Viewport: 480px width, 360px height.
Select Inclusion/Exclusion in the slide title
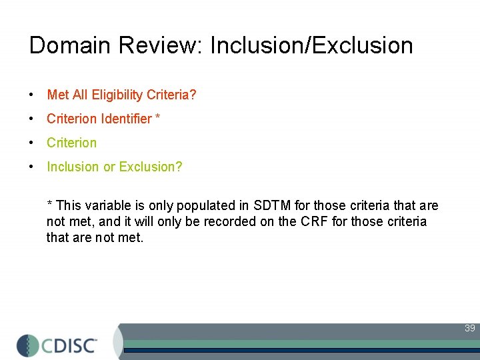311,45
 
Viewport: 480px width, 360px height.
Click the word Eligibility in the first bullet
117,95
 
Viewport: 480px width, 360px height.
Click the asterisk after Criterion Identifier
157,117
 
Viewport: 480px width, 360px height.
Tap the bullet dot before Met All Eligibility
31,95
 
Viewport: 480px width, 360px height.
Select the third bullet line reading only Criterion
71,143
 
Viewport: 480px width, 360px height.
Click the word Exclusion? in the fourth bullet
151,167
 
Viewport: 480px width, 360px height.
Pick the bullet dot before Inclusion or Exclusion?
31,167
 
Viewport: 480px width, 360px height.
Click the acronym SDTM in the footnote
273,205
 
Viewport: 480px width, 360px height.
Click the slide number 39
469,328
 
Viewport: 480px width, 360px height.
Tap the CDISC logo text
69,345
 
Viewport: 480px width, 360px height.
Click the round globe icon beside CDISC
29,345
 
